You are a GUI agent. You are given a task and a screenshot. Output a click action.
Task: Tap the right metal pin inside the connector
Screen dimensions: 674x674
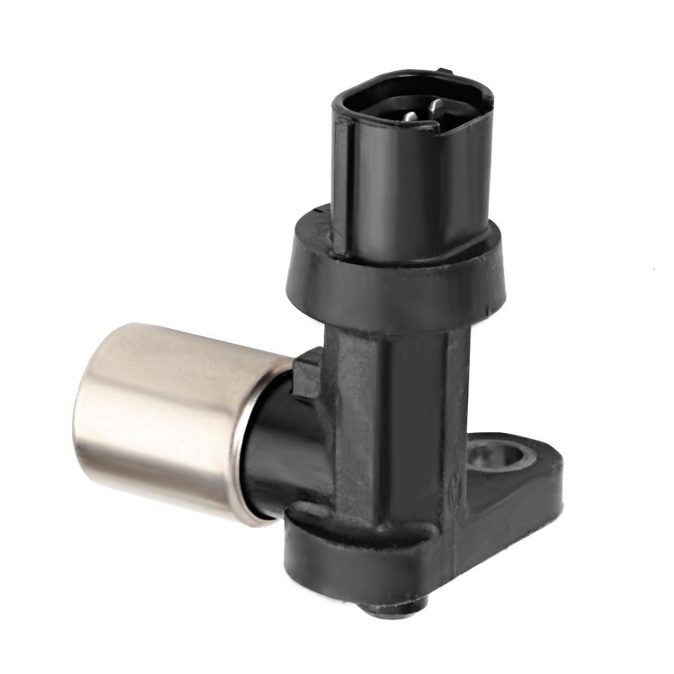coord(434,106)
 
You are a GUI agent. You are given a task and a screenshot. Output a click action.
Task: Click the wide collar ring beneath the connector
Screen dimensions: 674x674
coord(397,283)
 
